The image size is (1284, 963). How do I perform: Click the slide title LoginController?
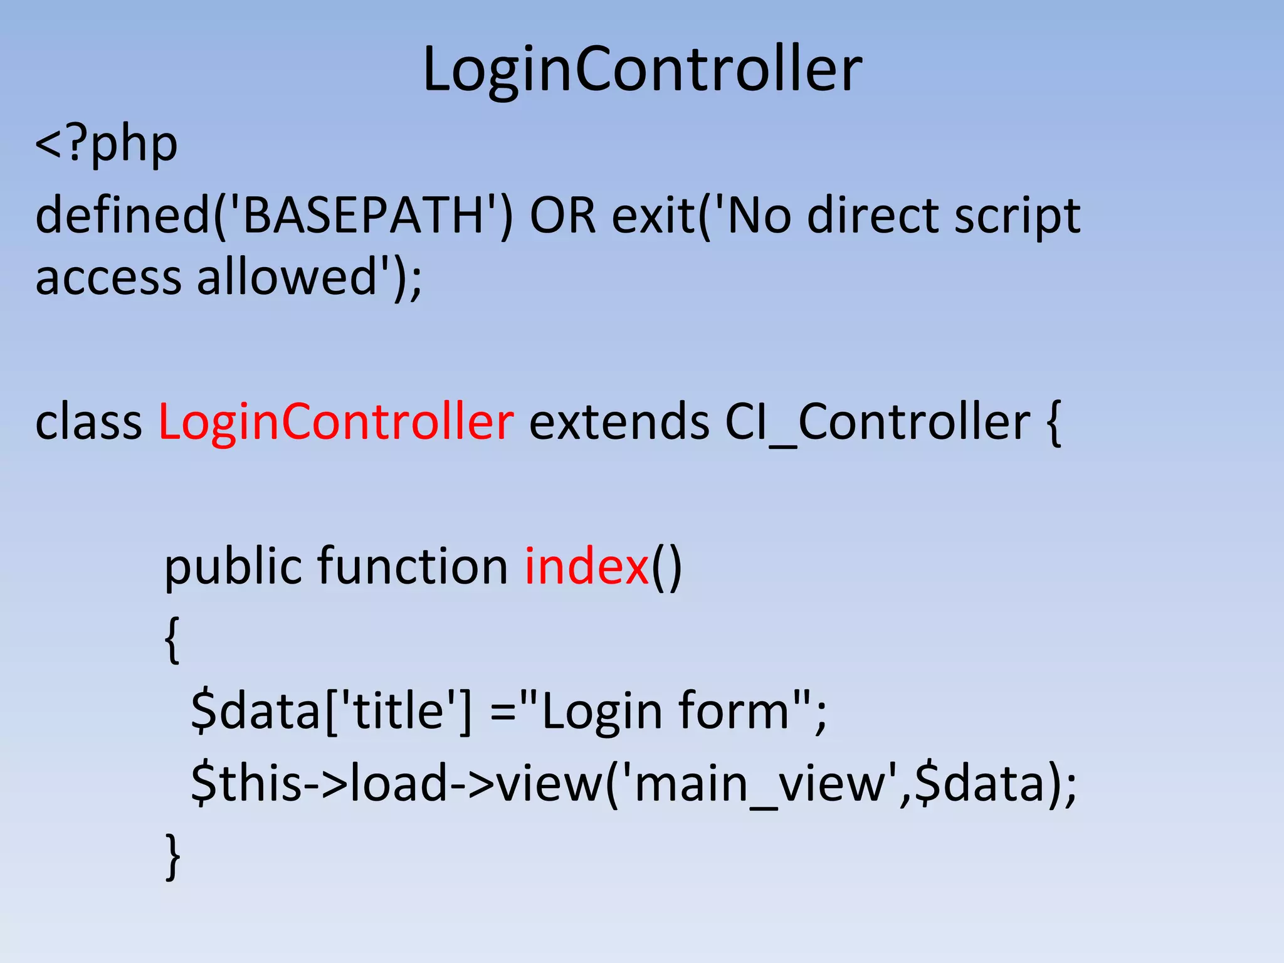[642, 69]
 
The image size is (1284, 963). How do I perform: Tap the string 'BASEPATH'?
[364, 215]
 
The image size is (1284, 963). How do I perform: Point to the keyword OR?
[562, 215]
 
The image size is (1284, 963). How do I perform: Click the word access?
[108, 278]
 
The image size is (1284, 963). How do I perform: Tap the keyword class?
[88, 421]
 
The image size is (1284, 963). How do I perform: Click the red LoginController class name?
[336, 421]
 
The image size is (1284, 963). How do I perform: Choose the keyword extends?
[619, 421]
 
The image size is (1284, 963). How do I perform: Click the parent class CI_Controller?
[877, 421]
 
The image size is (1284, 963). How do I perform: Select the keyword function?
[413, 566]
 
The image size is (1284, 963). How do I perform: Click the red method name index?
[586, 566]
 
